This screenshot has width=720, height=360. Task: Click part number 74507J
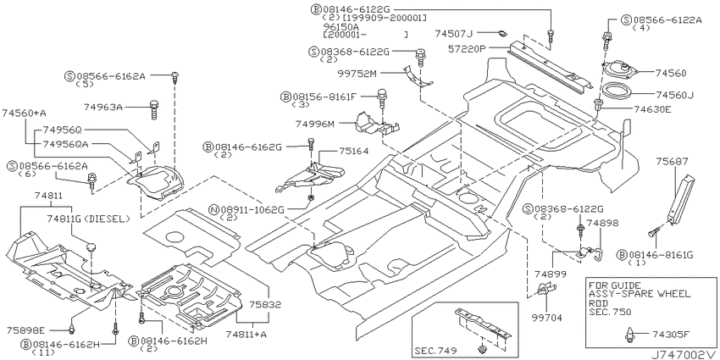pyautogui.click(x=454, y=33)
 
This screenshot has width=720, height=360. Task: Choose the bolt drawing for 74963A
pyautogui.click(x=154, y=110)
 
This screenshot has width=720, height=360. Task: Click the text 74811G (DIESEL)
pyautogui.click(x=88, y=219)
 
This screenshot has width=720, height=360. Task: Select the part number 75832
pyautogui.click(x=266, y=304)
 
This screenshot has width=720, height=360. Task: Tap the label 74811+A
pyautogui.click(x=246, y=335)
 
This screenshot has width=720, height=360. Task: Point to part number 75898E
pyautogui.click(x=25, y=330)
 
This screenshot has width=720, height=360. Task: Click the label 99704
pyautogui.click(x=547, y=318)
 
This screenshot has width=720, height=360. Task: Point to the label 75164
pyautogui.click(x=354, y=150)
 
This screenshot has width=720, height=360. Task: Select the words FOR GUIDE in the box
pyautogui.click(x=608, y=285)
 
